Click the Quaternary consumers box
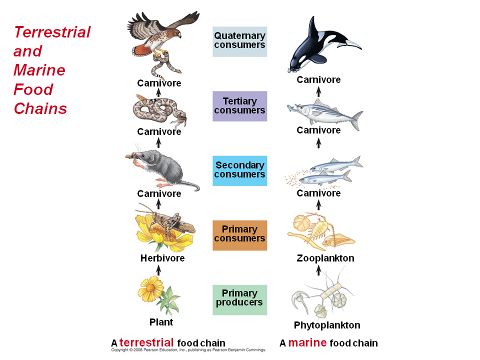(239, 41)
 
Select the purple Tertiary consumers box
(239, 106)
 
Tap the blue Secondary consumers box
(239, 170)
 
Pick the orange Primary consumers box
(239, 234)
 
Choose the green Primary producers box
(239, 299)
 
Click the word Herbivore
(162, 258)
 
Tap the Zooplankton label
(325, 258)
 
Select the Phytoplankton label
(327, 325)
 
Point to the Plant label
(161, 322)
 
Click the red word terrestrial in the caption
(146, 343)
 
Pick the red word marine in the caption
(307, 343)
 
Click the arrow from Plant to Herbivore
(159, 269)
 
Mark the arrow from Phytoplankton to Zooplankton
(318, 270)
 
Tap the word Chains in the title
(40, 108)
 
